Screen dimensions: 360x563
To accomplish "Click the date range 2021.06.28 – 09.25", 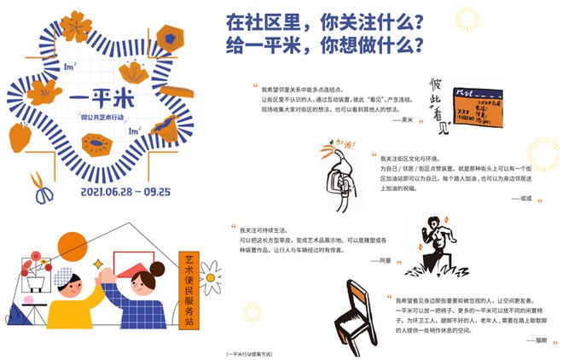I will [113, 192].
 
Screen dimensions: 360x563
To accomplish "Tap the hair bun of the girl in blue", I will [158, 269].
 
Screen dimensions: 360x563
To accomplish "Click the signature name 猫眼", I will [536, 340].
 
